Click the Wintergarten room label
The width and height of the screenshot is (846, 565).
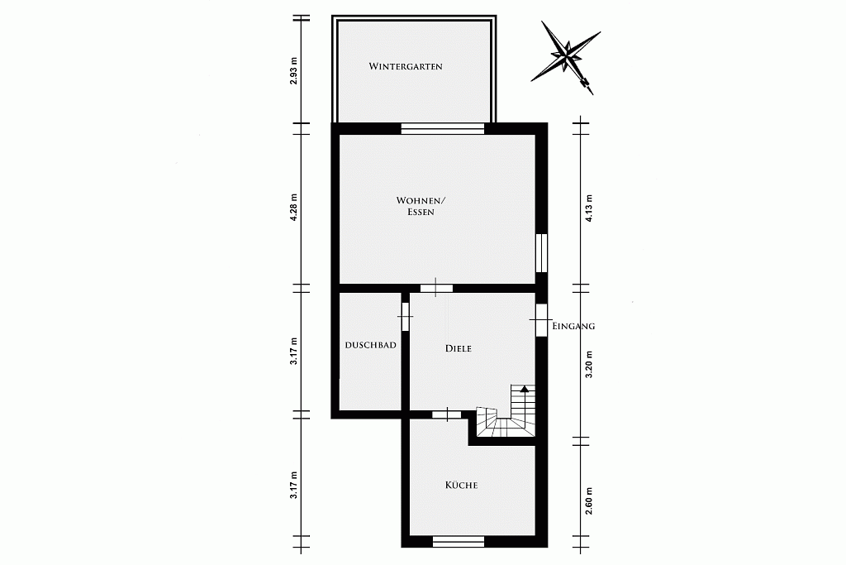[406, 66]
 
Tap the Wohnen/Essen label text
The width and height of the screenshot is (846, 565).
[421, 206]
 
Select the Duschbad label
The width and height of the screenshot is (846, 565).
[371, 345]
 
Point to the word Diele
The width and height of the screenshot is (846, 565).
[458, 348]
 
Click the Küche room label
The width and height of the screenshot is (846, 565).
[461, 485]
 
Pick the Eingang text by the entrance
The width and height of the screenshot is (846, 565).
[574, 326]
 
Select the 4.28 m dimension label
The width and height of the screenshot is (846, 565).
[293, 208]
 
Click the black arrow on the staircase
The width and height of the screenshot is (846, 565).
[524, 388]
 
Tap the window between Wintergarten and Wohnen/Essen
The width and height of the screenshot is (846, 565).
[443, 128]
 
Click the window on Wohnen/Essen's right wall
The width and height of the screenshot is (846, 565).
[541, 253]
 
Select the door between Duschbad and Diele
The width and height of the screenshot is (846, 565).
[405, 315]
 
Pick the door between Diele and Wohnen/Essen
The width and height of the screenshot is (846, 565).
[436, 288]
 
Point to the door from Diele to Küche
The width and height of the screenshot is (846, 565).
[447, 414]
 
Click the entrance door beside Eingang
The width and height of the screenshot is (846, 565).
[540, 320]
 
